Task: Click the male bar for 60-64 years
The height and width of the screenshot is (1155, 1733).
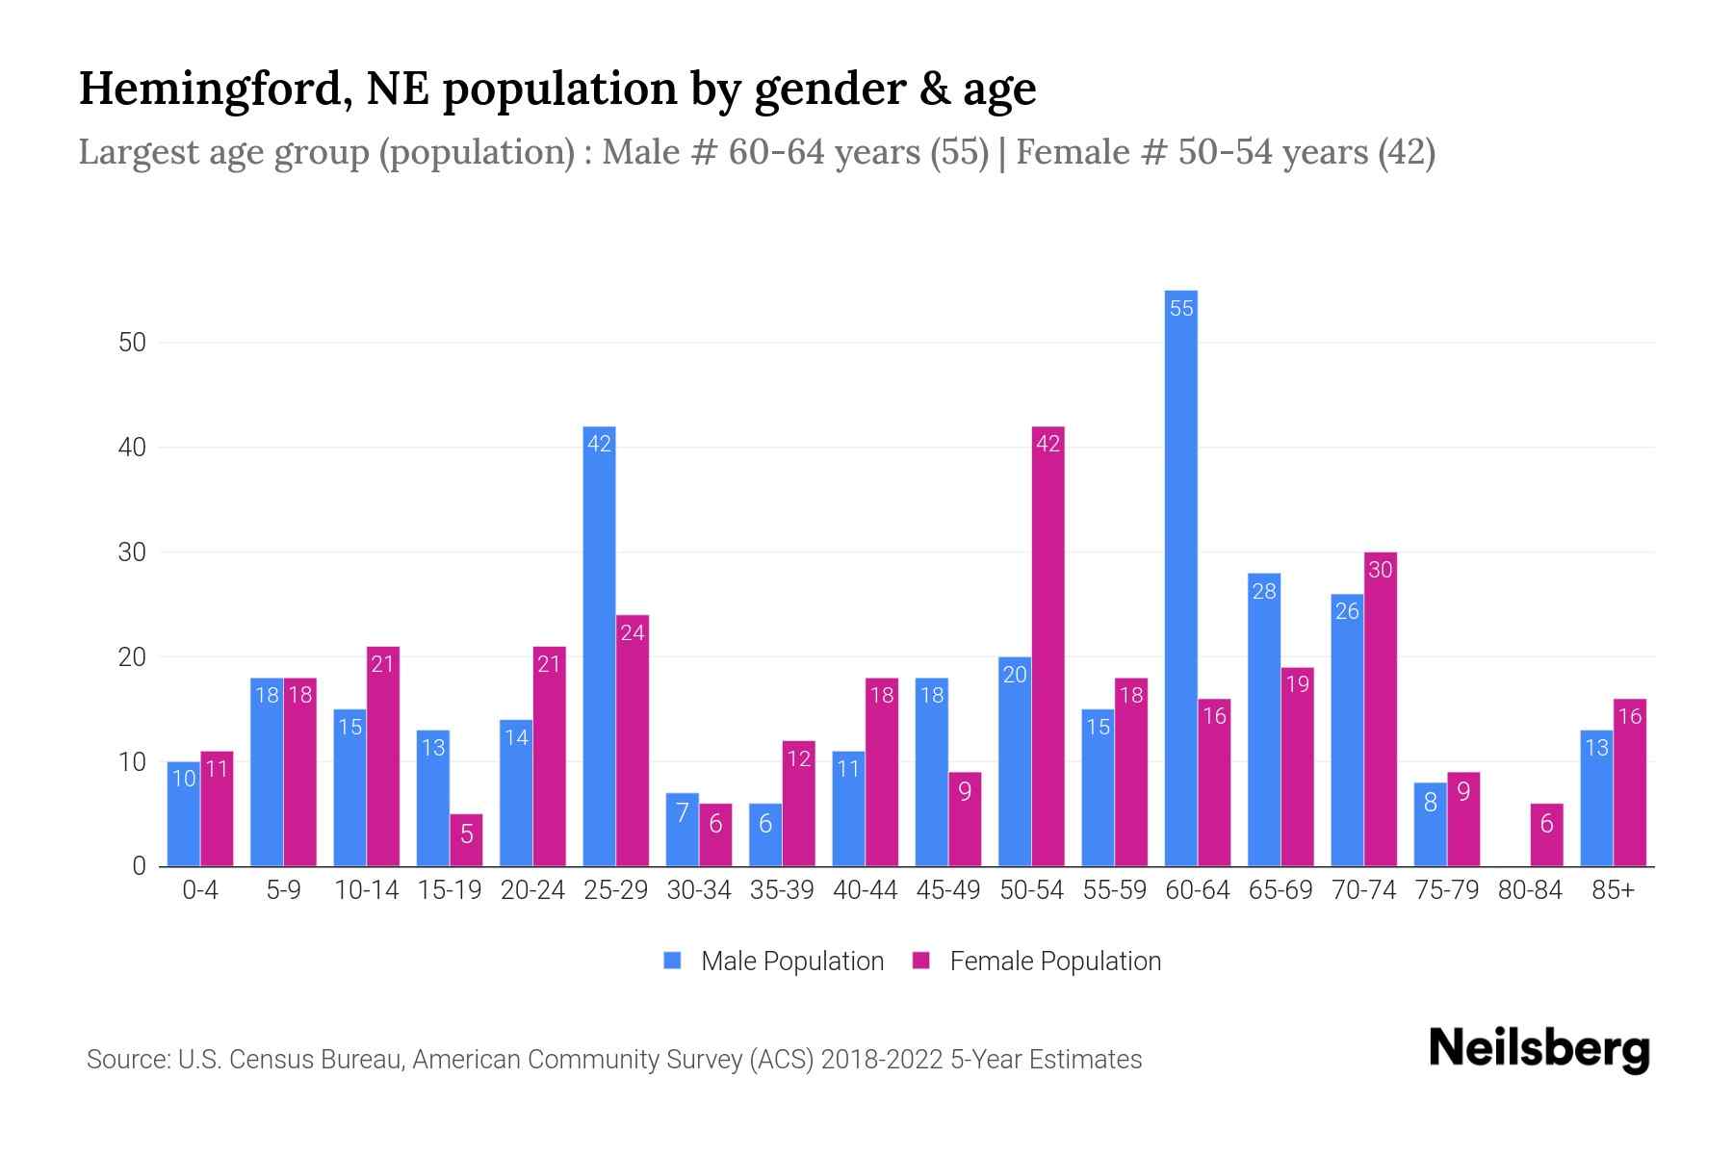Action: (1180, 577)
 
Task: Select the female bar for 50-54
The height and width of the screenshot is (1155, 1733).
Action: (1048, 646)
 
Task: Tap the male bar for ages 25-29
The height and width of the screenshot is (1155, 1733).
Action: (599, 646)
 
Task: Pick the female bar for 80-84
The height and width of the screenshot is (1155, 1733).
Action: (1546, 834)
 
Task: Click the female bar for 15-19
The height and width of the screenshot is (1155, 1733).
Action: (466, 840)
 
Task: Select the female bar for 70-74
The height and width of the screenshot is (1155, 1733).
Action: (1380, 709)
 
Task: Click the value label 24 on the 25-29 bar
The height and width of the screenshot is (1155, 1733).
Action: (633, 633)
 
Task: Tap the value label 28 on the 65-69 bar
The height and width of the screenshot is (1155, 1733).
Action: (1263, 591)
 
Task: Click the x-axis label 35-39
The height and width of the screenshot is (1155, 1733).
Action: (782, 890)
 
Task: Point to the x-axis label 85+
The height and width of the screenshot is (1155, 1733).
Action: (1613, 890)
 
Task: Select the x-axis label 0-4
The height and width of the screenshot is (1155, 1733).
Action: (200, 890)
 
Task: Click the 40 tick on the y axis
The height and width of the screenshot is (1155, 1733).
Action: (132, 448)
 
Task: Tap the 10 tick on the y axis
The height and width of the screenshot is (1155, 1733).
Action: (132, 762)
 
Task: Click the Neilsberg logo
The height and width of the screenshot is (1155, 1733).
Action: (1539, 1048)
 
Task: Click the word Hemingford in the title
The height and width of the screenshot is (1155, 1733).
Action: (208, 89)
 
